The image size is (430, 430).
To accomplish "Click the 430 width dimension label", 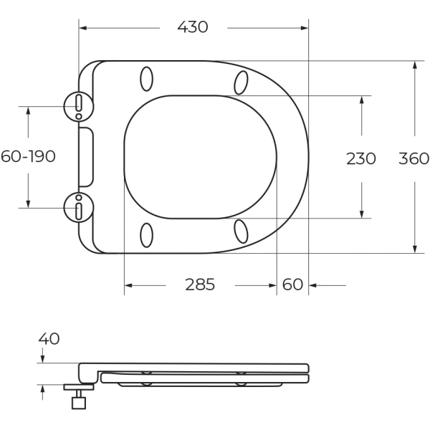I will click(192, 27).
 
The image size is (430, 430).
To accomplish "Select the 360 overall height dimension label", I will click(414, 158).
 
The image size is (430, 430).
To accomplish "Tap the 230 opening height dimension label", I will click(360, 158).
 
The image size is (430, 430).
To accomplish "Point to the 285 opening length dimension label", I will click(200, 285).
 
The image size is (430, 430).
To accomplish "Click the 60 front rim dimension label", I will click(292, 285).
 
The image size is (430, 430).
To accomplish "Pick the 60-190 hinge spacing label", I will click(28, 156).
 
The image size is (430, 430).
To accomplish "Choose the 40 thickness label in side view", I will click(49, 338).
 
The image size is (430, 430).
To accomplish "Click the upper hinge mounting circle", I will click(79, 105).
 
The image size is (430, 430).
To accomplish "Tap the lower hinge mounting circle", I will click(79, 208).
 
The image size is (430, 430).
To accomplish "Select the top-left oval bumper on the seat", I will click(146, 78).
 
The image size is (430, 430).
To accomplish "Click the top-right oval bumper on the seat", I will click(241, 82).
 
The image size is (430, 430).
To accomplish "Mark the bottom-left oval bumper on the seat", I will click(146, 235).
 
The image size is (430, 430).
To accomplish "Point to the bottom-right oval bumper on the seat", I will click(241, 231).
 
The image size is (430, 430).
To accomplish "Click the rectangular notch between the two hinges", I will click(86, 157).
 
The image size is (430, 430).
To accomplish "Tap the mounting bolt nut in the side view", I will click(78, 402).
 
